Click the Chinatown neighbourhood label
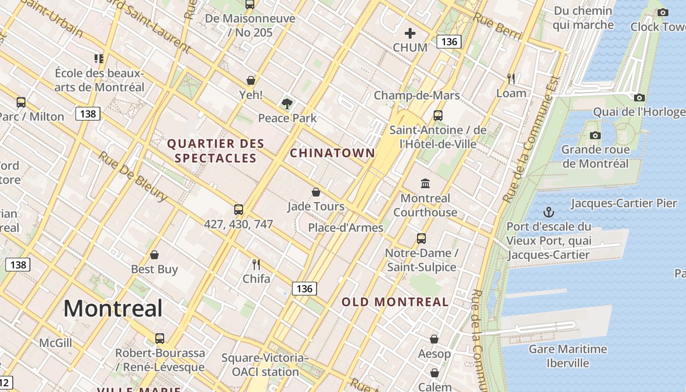pyautogui.click(x=332, y=153)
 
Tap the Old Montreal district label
pyautogui.click(x=395, y=302)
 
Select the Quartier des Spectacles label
pyautogui.click(x=216, y=151)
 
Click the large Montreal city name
pyautogui.click(x=113, y=308)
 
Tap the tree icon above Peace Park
pyautogui.click(x=287, y=103)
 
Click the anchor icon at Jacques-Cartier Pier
pyautogui.click(x=549, y=212)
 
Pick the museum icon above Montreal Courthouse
pyautogui.click(x=425, y=184)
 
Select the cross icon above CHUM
pyautogui.click(x=410, y=33)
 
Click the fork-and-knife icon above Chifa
pyautogui.click(x=256, y=265)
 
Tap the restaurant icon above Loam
pyautogui.click(x=511, y=78)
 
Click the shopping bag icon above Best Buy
pyautogui.click(x=154, y=255)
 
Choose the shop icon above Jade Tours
pyautogui.click(x=316, y=192)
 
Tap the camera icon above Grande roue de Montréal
pyautogui.click(x=595, y=135)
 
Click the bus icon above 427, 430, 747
pyautogui.click(x=239, y=210)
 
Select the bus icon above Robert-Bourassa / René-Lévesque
pyautogui.click(x=160, y=338)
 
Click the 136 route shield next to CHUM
pyautogui.click(x=449, y=42)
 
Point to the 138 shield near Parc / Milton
pyautogui.click(x=88, y=114)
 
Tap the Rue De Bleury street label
pyautogui.click(x=132, y=176)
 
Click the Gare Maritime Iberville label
pyautogui.click(x=567, y=356)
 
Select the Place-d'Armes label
pyautogui.click(x=345, y=228)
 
